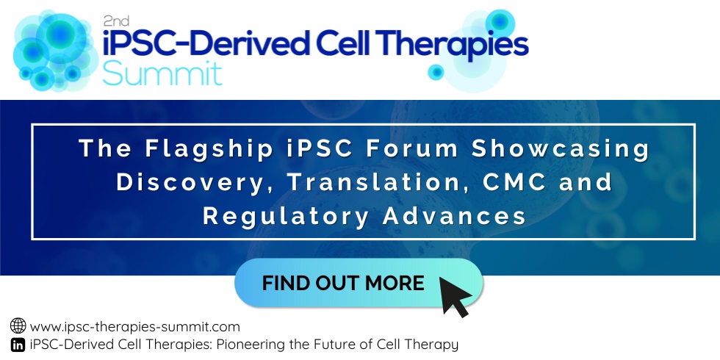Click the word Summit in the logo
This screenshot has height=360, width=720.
coord(162,73)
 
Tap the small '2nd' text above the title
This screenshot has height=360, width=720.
coord(116,21)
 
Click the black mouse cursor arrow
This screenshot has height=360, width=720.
coord(455,295)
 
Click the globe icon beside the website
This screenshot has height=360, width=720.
coord(18,325)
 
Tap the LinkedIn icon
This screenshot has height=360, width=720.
coord(18,345)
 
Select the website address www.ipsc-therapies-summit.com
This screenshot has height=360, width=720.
coord(135,327)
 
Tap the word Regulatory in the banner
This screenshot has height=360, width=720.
coord(285,217)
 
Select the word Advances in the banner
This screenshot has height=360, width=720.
coord(454,216)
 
